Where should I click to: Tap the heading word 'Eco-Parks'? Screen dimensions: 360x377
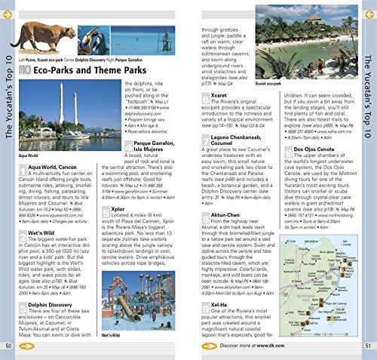pos(59,71)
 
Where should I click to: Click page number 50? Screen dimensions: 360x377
pos(8,345)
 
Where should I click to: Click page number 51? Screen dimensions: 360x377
pos(368,345)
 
